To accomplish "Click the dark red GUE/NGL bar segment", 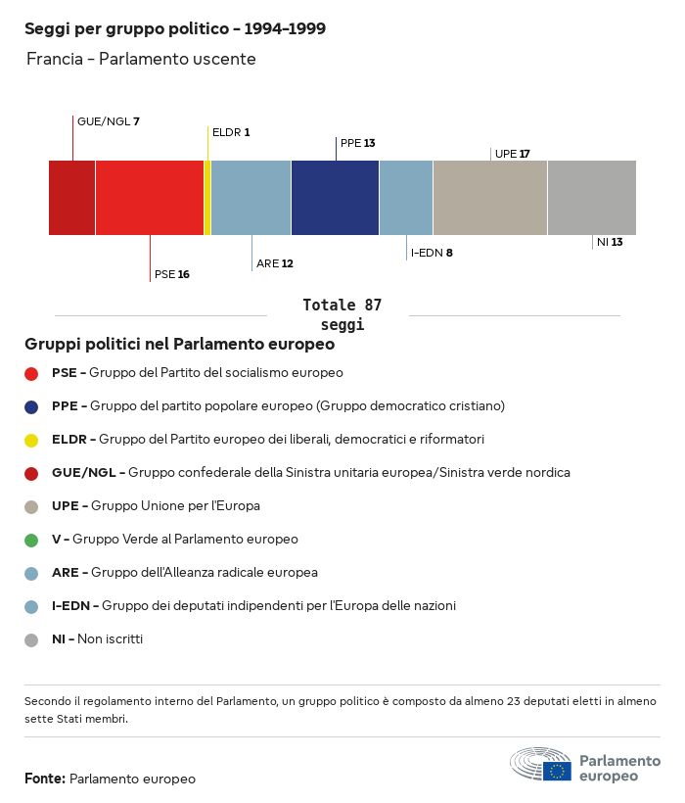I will (x=71, y=198).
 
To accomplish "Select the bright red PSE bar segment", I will (x=149, y=198).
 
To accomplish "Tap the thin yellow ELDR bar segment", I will (x=207, y=198).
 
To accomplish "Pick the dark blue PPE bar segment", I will (x=335, y=198).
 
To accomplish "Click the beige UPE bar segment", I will (x=489, y=198).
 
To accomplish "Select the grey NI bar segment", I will (x=591, y=198).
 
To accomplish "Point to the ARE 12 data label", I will (x=274, y=263).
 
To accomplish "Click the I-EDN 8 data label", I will (x=431, y=253).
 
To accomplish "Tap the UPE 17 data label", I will (x=512, y=154).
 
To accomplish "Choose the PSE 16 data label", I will (x=171, y=274).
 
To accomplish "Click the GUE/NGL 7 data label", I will (x=108, y=121).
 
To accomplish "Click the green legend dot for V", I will (x=31, y=540).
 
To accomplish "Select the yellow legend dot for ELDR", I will (x=31, y=440).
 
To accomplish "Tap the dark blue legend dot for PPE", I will (x=31, y=406).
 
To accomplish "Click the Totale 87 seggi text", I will (x=342, y=314).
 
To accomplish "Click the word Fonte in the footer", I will (x=45, y=779).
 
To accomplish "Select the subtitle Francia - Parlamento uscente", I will (x=141, y=59).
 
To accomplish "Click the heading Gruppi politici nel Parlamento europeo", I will (x=180, y=345).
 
